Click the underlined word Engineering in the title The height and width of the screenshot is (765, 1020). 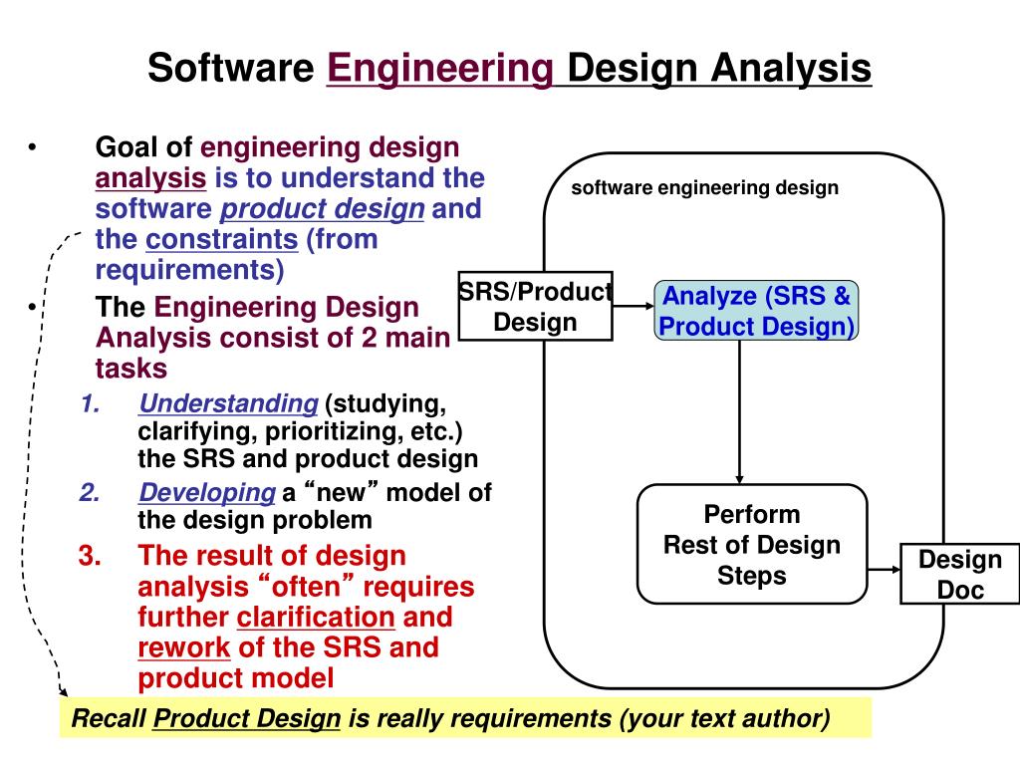440,69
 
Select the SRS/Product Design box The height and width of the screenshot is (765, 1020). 535,307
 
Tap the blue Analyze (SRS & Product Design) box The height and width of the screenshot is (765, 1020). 756,311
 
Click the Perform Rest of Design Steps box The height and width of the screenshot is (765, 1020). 752,544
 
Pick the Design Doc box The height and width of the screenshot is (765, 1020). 959,574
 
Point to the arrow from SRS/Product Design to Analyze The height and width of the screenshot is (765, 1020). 633,308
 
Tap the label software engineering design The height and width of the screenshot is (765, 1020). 704,187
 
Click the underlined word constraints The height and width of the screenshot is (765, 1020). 221,239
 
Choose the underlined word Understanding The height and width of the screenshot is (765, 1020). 228,403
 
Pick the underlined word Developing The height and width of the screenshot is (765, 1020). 207,492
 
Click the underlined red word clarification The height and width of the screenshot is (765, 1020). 316,617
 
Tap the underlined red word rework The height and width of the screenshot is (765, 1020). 184,647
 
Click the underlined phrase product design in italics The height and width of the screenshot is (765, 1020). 322,209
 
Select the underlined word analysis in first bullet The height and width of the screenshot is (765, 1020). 150,178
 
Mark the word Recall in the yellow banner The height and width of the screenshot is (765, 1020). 111,718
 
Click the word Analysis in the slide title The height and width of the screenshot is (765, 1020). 790,69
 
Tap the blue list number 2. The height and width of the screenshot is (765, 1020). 90,492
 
